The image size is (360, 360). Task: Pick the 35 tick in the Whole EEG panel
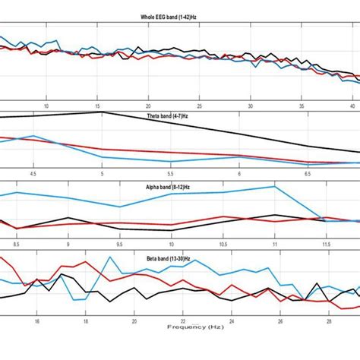[302, 106]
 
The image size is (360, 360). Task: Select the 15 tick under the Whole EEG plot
[98, 106]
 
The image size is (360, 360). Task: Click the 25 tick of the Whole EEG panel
[200, 106]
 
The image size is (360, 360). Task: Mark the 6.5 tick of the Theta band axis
[308, 174]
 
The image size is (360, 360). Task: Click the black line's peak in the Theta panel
[101, 112]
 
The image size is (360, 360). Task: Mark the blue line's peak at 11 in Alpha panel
[274, 186]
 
